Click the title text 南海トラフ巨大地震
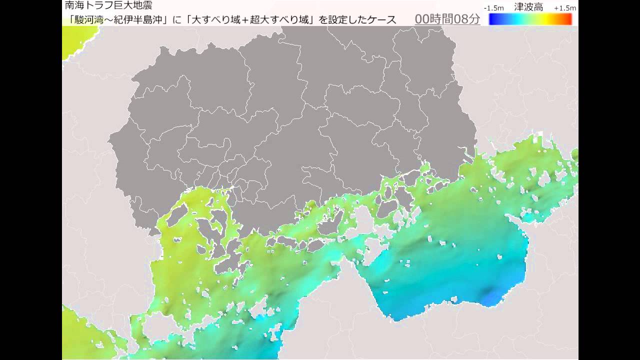click(x=108, y=6)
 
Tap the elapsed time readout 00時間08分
click(x=447, y=19)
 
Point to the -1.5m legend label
click(x=493, y=8)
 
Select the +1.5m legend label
click(x=564, y=8)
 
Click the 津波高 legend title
click(x=528, y=7)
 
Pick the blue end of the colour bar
click(x=493, y=19)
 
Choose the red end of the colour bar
click(x=568, y=19)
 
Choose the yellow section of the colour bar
click(x=550, y=19)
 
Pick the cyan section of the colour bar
click(x=515, y=19)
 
